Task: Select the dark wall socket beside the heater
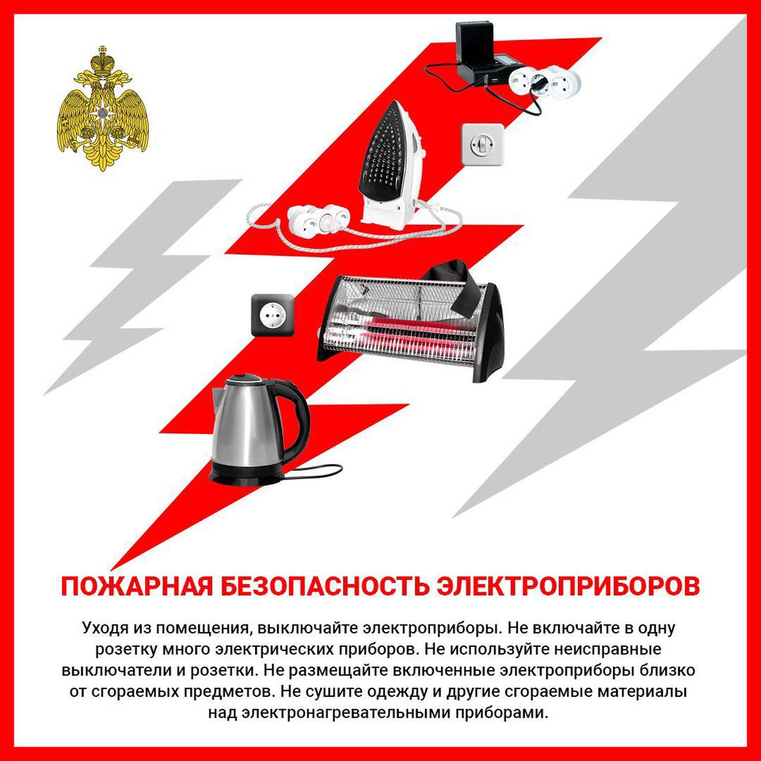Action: point(272,315)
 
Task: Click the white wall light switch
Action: point(483,144)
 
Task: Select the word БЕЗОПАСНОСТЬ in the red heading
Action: point(325,586)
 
